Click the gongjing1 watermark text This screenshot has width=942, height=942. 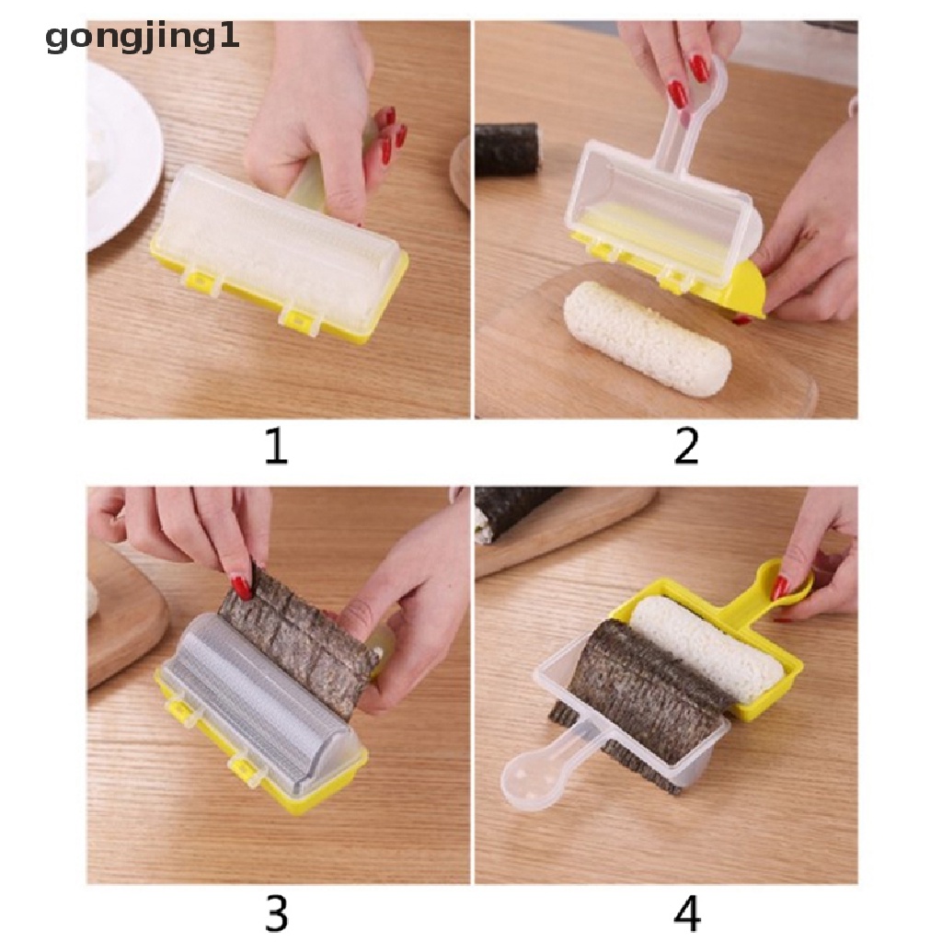click(142, 37)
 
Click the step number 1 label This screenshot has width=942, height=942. click(277, 446)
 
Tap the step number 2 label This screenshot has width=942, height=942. click(686, 446)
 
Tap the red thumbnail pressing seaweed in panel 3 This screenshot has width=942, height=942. click(242, 586)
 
